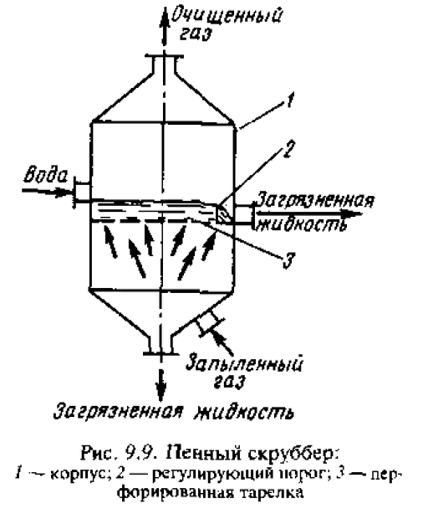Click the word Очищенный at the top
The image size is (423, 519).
pos(228,16)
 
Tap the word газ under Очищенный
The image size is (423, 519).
pos(196,34)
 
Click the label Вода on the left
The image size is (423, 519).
pos(45,176)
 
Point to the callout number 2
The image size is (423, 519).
pos(287,151)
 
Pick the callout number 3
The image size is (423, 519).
pos(288,259)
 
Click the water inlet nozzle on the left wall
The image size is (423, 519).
pos(81,193)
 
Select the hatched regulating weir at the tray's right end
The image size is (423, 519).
pos(222,213)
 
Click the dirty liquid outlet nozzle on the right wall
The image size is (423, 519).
pos(245,215)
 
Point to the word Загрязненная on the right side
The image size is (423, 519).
pos(315,200)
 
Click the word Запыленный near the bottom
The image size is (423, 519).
pos(244,364)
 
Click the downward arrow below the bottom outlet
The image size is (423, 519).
pos(161,382)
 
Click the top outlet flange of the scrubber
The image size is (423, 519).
pos(163,57)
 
